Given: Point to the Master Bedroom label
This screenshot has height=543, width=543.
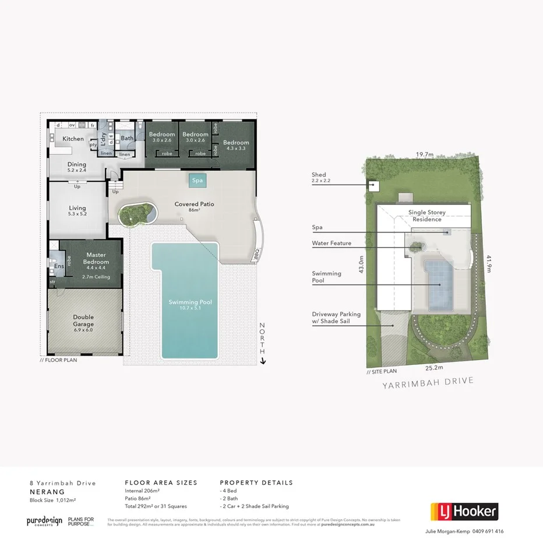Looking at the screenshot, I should coord(95,258).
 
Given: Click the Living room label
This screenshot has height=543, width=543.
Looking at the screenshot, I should coord(77,208).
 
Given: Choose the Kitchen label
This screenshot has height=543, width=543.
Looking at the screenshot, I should coord(73,139).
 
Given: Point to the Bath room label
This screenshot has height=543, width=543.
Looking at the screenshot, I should coord(127,139).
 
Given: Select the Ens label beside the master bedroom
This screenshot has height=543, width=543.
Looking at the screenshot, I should coord(58,267).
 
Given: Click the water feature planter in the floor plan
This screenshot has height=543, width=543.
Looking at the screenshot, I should coord(136,213).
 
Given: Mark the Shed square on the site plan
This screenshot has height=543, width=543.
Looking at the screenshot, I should coord(373,186).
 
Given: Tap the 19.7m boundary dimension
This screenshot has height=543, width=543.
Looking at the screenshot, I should coord(424,155).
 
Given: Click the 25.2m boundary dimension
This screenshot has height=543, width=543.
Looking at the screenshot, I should coord(433,368).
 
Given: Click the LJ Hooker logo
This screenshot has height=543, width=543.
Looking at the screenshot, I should coord(464,512).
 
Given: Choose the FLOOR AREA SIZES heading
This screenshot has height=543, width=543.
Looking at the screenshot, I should coord(161,482).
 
